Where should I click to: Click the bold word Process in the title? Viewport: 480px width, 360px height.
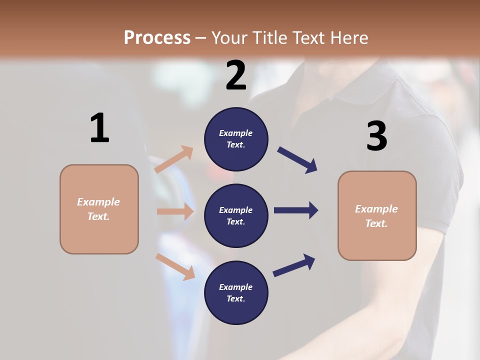(157, 37)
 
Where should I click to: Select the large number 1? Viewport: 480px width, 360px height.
(99, 128)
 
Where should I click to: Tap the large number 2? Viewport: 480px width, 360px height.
(236, 75)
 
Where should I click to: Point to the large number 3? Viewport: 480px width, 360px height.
(376, 136)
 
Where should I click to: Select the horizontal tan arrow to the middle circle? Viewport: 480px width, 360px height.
(175, 211)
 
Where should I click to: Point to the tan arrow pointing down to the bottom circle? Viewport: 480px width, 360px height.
(175, 266)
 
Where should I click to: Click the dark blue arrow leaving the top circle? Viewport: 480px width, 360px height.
(297, 160)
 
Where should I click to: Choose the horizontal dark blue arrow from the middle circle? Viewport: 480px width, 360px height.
(296, 210)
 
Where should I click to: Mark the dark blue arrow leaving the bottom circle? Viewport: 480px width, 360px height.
(294, 265)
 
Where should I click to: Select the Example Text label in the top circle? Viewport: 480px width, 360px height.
(236, 139)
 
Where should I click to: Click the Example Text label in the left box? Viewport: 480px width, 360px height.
(98, 209)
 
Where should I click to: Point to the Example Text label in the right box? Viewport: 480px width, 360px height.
(376, 216)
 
